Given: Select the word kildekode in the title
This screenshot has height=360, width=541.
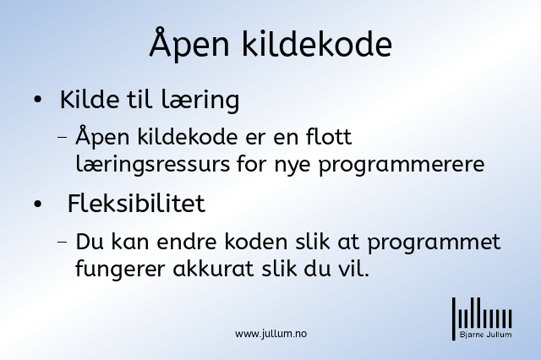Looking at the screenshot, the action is (316, 44).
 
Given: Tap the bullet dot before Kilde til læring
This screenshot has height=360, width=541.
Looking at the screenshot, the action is (37, 100).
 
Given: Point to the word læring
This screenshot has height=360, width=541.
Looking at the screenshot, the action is (200, 101).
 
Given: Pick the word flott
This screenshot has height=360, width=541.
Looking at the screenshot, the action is (329, 137).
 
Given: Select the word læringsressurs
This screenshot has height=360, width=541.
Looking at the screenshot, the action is (152, 164).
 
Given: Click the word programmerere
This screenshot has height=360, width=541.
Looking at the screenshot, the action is (402, 165).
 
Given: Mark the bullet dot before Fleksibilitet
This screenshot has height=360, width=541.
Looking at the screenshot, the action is (37, 204).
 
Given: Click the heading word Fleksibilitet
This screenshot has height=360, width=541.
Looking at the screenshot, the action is (136, 203).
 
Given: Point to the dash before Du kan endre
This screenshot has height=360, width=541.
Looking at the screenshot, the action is (63, 242).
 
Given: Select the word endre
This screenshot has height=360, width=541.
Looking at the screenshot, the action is (187, 242).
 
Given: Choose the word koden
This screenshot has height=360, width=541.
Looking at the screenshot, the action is (256, 242).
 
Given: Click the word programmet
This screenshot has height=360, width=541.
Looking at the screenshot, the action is (434, 243).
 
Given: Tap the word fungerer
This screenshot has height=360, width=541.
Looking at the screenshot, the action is (120, 270).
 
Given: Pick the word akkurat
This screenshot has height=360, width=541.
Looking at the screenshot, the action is (213, 269).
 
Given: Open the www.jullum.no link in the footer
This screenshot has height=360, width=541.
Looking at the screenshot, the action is (270, 334).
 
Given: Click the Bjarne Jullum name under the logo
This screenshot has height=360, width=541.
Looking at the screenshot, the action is (485, 335).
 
